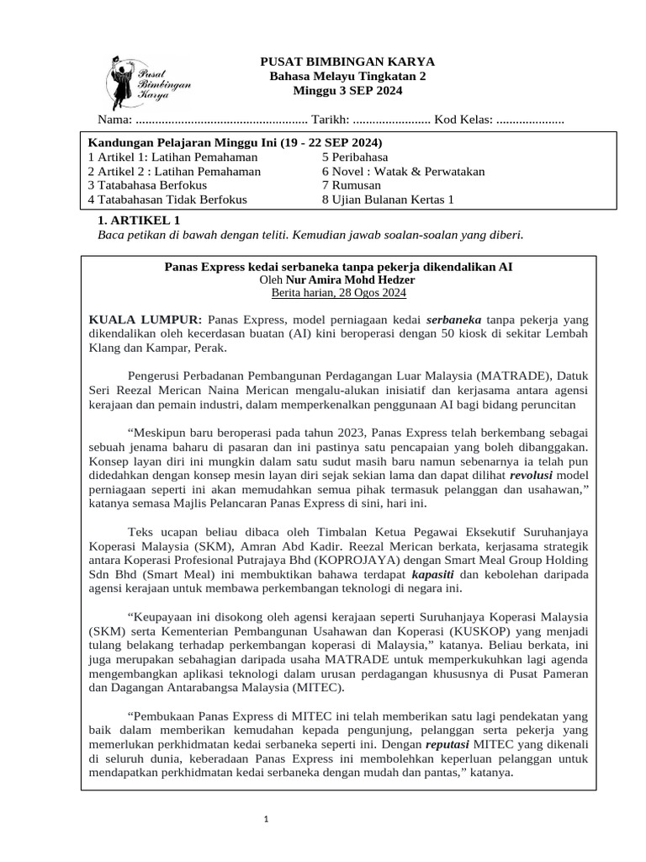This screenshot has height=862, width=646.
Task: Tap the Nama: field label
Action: point(114,121)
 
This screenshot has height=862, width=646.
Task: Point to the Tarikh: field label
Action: point(329,121)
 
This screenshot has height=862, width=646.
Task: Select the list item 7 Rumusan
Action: point(352,185)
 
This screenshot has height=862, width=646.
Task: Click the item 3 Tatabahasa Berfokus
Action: point(151,185)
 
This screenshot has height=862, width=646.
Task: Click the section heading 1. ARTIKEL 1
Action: point(140,220)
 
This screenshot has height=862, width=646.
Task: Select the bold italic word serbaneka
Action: point(453,320)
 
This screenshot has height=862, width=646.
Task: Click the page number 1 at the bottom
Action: point(265,819)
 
